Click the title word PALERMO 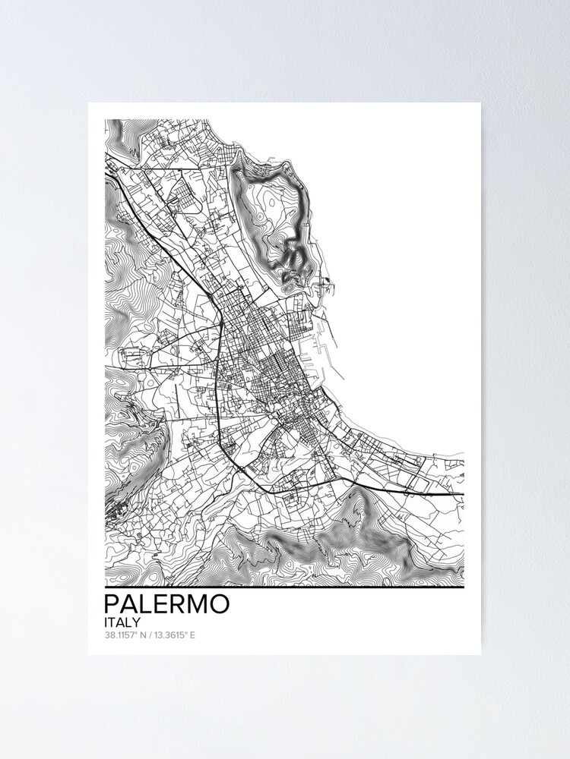coord(166,604)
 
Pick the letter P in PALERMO coord(111,604)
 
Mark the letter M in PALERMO coord(194,604)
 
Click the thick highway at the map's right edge coord(448,494)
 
